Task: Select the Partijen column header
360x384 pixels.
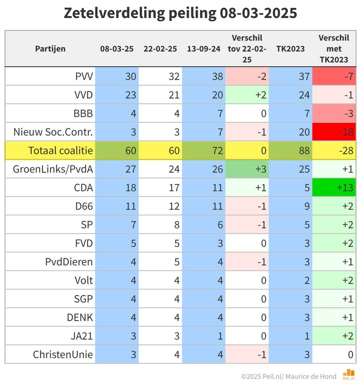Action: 50,49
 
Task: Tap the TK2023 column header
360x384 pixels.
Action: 290,49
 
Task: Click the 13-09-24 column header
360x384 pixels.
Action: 204,49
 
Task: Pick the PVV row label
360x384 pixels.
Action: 84,76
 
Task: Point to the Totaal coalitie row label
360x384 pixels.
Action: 60,150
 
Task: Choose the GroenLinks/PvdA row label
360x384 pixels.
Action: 53,169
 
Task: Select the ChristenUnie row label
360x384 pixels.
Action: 63,355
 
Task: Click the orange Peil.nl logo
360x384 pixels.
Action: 348,374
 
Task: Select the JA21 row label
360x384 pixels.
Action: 82,336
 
